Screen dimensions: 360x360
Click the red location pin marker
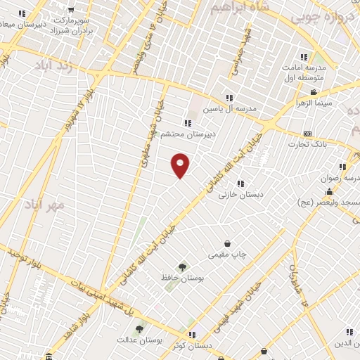point(180,165)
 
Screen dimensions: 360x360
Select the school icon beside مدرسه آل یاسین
point(229,98)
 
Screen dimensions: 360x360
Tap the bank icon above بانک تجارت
point(307,134)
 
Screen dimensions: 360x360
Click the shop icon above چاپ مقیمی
point(227,243)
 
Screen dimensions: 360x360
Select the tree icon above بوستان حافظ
point(183,267)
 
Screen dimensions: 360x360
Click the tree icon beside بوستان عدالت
point(140,328)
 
